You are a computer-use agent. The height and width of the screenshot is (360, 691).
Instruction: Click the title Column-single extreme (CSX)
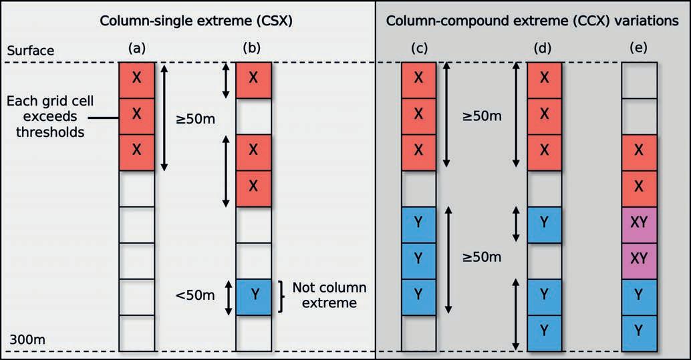[197, 21]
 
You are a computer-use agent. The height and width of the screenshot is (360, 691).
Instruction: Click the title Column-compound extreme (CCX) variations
[533, 21]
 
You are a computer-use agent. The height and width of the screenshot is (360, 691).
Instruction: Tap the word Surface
[30, 51]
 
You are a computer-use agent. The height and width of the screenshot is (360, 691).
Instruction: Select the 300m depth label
[27, 340]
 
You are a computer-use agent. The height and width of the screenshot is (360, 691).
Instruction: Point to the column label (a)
[136, 48]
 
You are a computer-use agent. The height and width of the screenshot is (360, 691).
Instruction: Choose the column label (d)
[544, 48]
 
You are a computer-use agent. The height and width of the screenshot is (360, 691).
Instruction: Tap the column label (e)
[639, 48]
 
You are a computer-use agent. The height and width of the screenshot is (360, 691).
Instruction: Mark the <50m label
[196, 295]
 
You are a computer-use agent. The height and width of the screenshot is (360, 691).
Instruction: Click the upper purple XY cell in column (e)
[639, 224]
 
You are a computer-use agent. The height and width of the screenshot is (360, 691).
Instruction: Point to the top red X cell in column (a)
[136, 79]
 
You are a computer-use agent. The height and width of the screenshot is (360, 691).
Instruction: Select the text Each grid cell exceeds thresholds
[50, 117]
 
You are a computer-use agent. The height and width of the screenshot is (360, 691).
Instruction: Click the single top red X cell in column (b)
[253, 79]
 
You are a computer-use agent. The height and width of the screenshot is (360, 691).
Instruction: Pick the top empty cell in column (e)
[639, 79]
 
